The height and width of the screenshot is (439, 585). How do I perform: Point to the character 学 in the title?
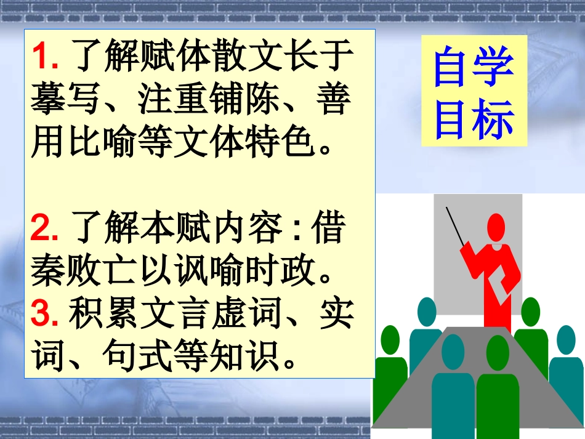pyautogui.click(x=494, y=68)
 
